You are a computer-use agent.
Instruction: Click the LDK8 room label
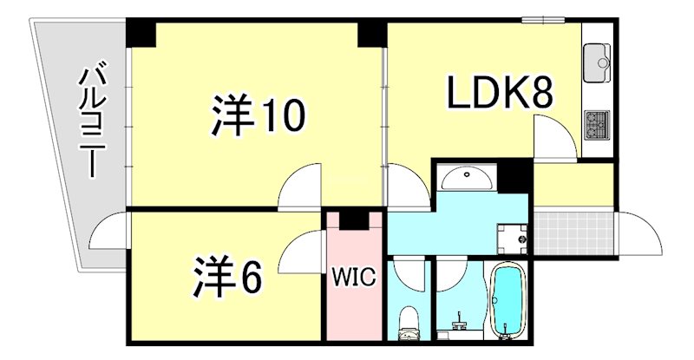pyautogui.click(x=500, y=93)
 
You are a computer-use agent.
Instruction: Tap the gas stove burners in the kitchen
pyautogui.click(x=596, y=125)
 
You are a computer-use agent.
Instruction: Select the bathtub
pyautogui.click(x=507, y=299)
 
